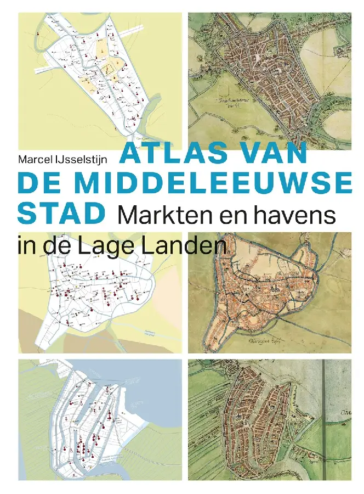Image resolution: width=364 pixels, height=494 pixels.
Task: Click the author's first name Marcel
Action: pyautogui.click(x=35, y=159)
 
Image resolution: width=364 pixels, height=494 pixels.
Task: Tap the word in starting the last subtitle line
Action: pyautogui.click(x=25, y=244)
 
